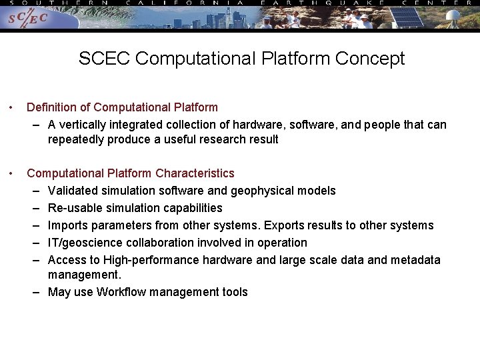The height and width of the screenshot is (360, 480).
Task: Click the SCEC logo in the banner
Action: pyautogui.click(x=27, y=19)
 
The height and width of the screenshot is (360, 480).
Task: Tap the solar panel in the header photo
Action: pyautogui.click(x=407, y=17)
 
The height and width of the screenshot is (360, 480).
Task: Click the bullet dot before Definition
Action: pyautogui.click(x=11, y=107)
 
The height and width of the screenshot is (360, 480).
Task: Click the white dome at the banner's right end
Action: pyautogui.click(x=453, y=15)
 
